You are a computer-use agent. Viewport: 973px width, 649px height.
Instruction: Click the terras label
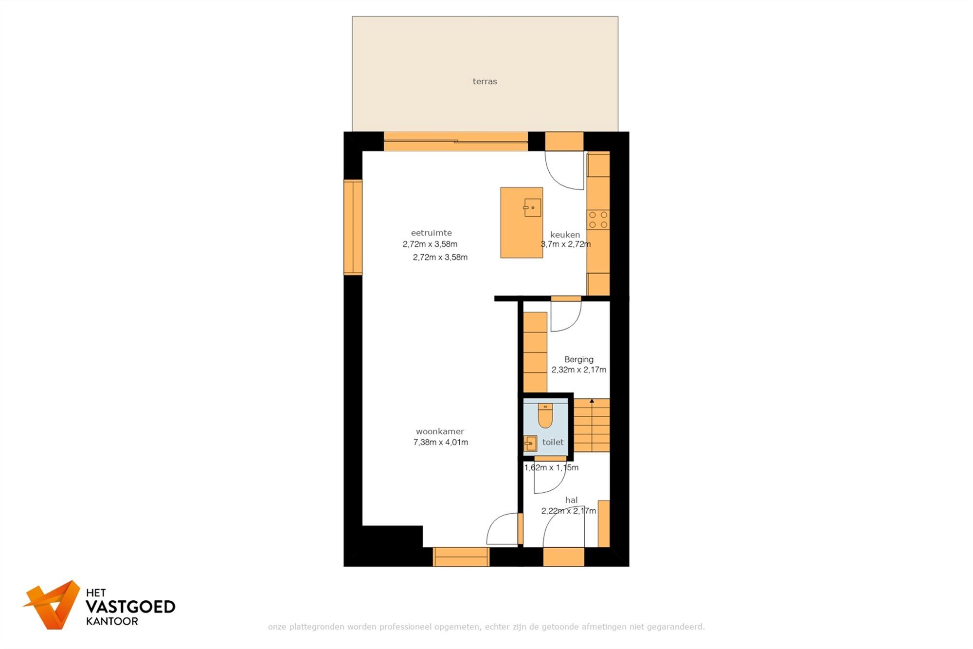(x=485, y=81)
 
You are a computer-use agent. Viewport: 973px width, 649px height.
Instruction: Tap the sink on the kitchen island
(x=532, y=208)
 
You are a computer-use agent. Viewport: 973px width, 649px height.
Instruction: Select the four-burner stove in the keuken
(x=598, y=220)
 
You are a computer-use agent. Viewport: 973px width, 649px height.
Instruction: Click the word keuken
(x=565, y=235)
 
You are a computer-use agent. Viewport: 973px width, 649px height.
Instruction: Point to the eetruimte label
(x=431, y=233)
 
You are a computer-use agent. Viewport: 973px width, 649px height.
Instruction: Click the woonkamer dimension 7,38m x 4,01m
(x=440, y=443)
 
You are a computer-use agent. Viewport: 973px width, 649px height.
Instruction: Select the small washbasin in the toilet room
(x=530, y=444)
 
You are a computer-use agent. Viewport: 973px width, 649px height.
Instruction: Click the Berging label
(x=578, y=359)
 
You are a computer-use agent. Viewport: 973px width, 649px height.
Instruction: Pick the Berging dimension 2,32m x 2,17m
(x=578, y=370)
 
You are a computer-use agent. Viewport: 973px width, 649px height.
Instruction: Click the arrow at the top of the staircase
(x=592, y=401)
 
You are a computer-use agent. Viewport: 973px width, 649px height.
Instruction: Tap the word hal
(x=571, y=500)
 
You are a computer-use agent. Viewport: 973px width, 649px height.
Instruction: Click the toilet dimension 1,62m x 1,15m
(x=551, y=468)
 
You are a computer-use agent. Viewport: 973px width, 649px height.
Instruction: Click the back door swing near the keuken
(x=564, y=170)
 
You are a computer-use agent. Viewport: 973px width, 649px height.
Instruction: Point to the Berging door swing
(x=566, y=316)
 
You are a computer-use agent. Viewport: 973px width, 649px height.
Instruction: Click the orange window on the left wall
(x=353, y=227)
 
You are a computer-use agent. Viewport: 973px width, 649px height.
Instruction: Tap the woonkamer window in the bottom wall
(x=461, y=556)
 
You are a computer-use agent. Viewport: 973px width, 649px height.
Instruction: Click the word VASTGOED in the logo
(x=130, y=607)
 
